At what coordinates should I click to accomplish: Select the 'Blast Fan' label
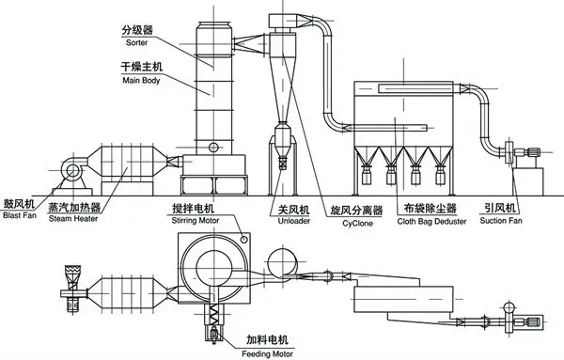[19, 213]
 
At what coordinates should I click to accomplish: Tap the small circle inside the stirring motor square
[245, 241]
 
